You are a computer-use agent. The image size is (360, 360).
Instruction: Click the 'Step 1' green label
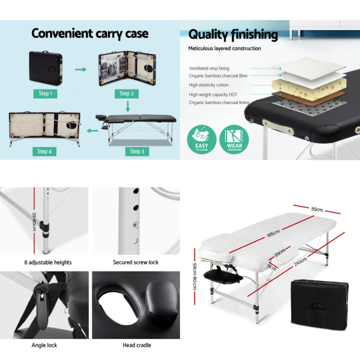tap(45, 94)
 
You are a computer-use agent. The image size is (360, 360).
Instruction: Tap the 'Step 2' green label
tap(127, 93)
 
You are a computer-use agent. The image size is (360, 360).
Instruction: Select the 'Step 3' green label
tap(136, 151)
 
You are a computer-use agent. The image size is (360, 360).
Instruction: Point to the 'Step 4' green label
tap(44, 151)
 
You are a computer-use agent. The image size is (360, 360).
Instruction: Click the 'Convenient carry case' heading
tap(89, 34)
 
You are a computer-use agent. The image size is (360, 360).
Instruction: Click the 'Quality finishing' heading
tap(233, 35)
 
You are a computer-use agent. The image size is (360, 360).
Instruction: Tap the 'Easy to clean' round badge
tap(202, 139)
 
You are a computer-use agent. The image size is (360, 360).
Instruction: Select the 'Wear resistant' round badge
tap(234, 139)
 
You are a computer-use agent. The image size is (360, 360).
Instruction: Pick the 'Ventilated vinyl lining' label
tap(209, 68)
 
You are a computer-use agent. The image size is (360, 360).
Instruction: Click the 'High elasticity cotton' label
tap(209, 85)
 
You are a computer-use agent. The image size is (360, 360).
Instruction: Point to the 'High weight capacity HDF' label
tap(213, 95)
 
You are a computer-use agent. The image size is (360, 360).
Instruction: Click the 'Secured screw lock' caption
tap(136, 262)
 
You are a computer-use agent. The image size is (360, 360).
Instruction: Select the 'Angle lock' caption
tap(44, 345)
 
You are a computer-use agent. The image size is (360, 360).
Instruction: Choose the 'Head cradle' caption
tap(136, 345)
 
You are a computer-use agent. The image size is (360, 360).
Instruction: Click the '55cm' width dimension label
tap(317, 209)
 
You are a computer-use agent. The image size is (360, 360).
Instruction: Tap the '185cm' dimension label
tap(273, 233)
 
